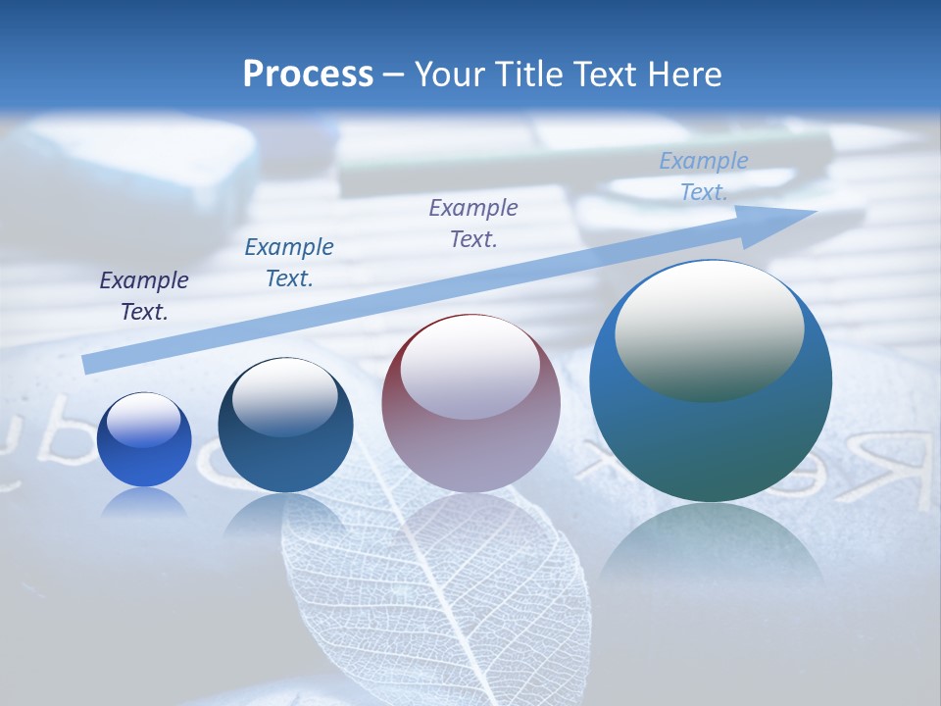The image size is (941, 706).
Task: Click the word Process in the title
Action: [x=308, y=75]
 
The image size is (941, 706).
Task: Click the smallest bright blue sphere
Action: [x=144, y=439]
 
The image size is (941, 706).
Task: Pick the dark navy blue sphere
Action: [x=285, y=425]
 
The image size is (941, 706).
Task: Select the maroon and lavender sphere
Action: [x=470, y=403]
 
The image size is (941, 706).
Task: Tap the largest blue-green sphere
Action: [x=711, y=380]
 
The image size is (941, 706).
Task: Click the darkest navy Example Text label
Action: [x=144, y=296]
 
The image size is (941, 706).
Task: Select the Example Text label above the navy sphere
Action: [x=289, y=263]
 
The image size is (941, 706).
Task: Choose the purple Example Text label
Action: [x=473, y=223]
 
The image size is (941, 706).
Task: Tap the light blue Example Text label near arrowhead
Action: [x=704, y=176]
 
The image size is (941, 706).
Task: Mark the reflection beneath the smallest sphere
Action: [x=144, y=503]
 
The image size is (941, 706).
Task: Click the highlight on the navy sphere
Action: [x=285, y=397]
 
